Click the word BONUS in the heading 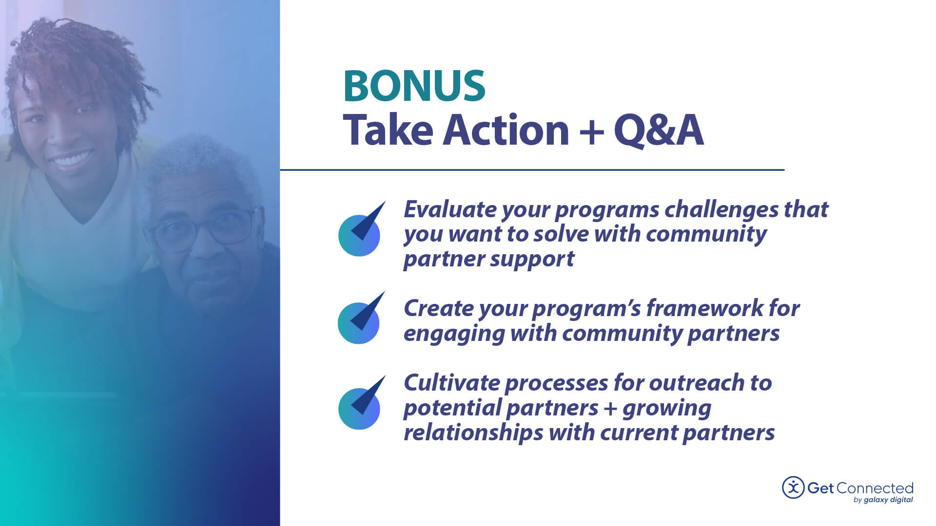click(414, 86)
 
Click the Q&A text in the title click(658, 130)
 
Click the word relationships click(473, 432)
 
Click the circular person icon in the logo click(793, 488)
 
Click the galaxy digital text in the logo click(888, 500)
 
